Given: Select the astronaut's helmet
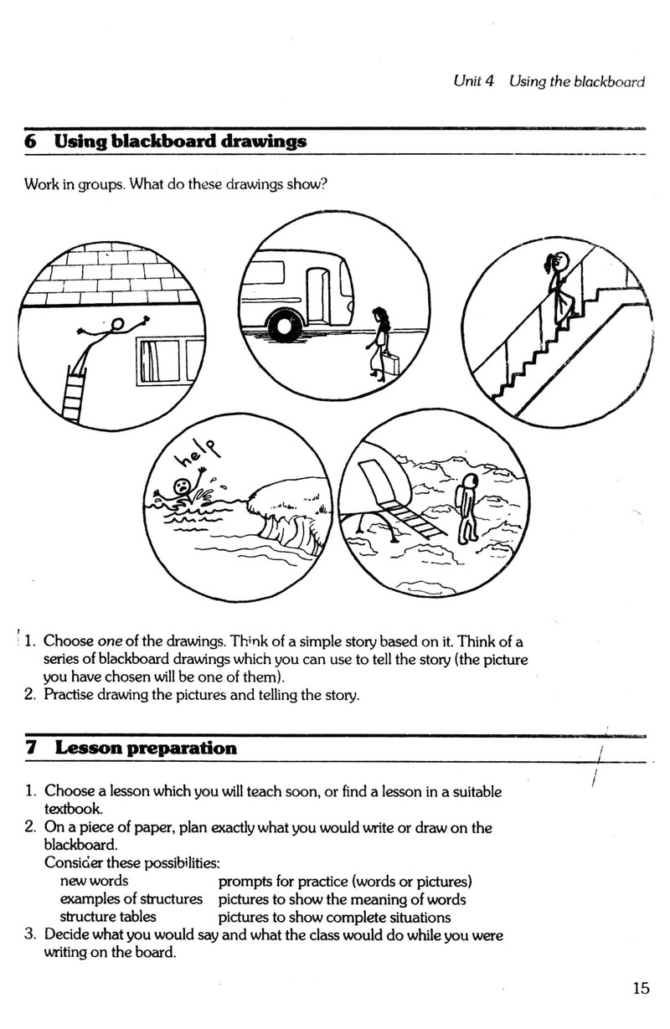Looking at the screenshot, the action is pos(469,482).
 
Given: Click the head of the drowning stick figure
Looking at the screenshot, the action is pos(181,486).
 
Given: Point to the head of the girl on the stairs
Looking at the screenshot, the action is pos(562,263).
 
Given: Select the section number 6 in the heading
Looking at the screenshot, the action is pos(30,141).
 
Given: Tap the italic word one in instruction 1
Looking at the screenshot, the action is pos(109,641).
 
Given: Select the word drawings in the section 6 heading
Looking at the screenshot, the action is pos(263,142).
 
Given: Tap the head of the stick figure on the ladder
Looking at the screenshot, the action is pos(117,324).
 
